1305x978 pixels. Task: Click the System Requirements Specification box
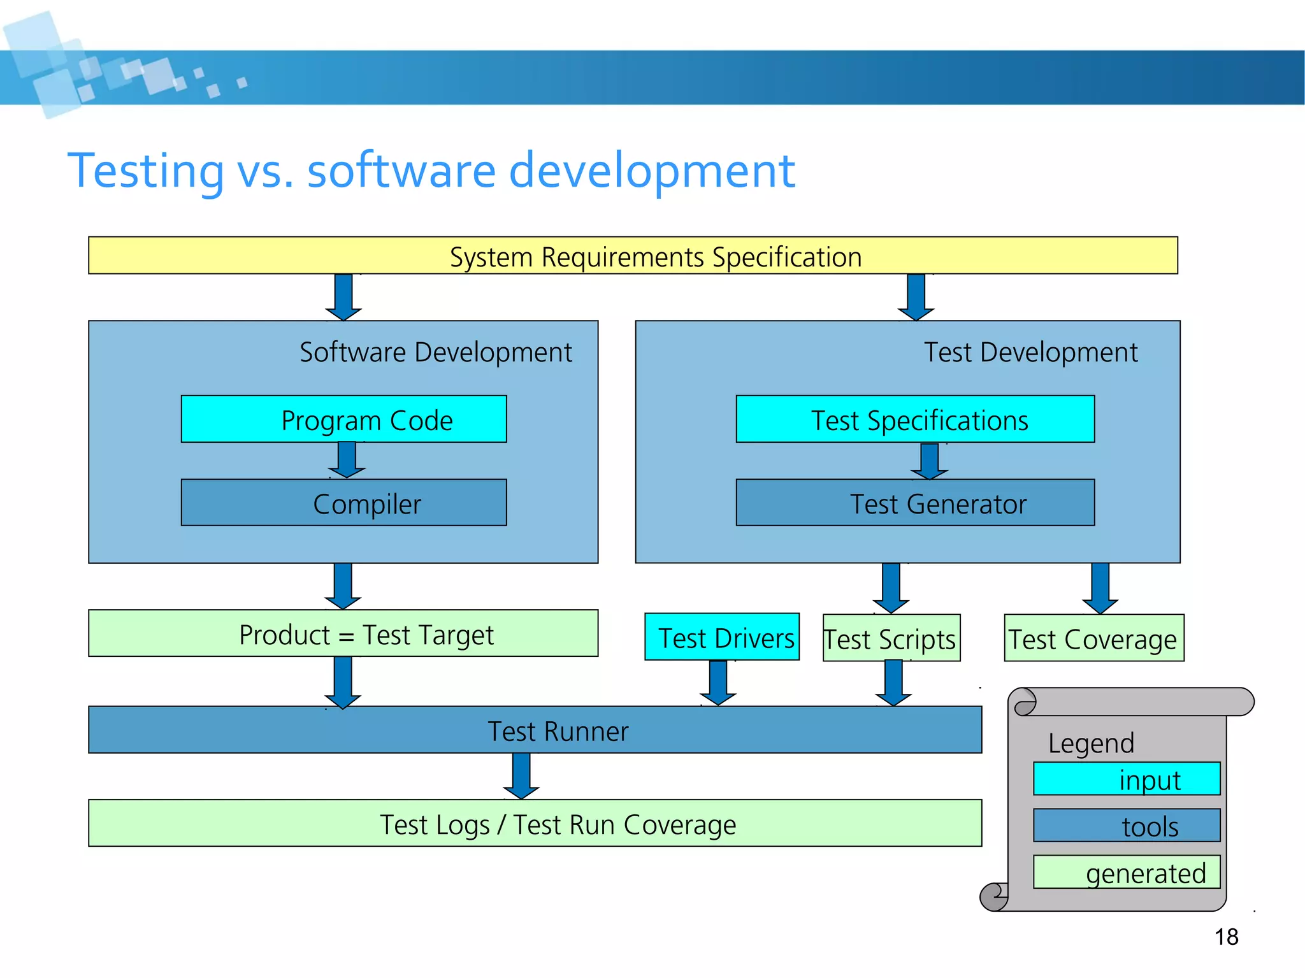tap(633, 255)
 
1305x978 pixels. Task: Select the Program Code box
tap(343, 419)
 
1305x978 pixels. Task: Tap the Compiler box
tap(343, 503)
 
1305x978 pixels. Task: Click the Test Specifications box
tap(915, 419)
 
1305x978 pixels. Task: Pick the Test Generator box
tap(915, 503)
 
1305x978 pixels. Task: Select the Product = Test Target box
tap(343, 633)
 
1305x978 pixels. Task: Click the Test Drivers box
tap(721, 637)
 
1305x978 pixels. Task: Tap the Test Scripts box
tap(891, 638)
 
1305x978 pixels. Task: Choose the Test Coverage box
tap(1093, 638)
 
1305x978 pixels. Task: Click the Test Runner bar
tap(535, 730)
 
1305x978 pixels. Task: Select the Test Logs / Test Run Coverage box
tap(535, 823)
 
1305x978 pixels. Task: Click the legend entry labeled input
tap(1126, 779)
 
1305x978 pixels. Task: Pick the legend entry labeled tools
tap(1126, 826)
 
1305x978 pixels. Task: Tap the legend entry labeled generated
tap(1126, 872)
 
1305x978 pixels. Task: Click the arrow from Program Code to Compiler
tap(347, 460)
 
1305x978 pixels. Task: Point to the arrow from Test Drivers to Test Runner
tap(718, 683)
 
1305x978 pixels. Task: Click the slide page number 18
tap(1226, 937)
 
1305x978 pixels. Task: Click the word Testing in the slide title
tap(146, 171)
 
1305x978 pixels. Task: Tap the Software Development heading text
tap(436, 352)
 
